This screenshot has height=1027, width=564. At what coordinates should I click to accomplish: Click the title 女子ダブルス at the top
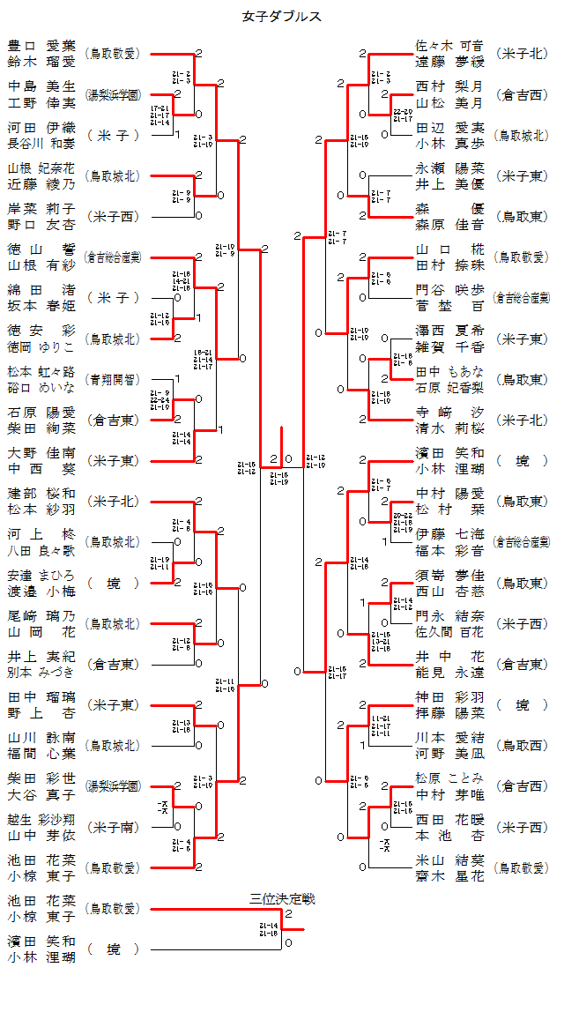(282, 16)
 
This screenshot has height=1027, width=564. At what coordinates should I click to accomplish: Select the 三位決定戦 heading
(282, 899)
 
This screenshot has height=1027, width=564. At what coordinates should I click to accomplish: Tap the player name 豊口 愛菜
(41, 46)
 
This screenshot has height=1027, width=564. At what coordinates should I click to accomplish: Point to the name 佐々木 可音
(449, 46)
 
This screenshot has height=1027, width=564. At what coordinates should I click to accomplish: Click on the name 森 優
(449, 209)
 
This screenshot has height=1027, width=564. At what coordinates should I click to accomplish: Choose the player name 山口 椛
(449, 249)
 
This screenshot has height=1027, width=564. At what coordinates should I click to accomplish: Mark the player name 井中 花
(449, 657)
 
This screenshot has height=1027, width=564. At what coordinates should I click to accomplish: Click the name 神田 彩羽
(449, 697)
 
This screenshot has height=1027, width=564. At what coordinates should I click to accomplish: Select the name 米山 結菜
(449, 860)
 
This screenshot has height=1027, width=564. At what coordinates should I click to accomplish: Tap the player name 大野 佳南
(41, 453)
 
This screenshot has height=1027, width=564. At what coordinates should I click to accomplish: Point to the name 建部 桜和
(41, 494)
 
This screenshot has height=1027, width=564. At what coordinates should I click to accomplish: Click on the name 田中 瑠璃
(41, 697)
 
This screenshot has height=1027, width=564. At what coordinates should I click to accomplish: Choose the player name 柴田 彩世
(41, 778)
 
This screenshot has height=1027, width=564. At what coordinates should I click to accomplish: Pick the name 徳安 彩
(41, 331)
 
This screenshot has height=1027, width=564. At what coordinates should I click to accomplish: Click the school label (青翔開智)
(112, 379)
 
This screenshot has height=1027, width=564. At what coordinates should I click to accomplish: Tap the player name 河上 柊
(41, 534)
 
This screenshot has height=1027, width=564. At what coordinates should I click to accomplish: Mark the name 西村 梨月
(449, 86)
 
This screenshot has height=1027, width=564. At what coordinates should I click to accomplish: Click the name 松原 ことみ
(449, 778)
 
